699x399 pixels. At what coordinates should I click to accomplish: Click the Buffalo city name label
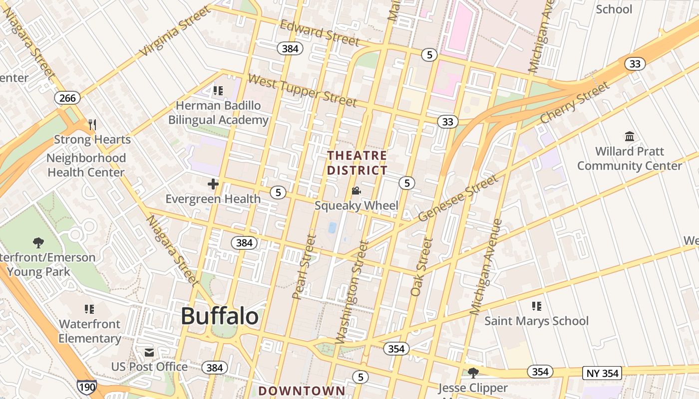pyautogui.click(x=220, y=316)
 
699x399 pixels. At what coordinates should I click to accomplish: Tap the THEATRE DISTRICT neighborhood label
pyautogui.click(x=357, y=163)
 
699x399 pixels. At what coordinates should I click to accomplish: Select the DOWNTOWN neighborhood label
pyautogui.click(x=302, y=391)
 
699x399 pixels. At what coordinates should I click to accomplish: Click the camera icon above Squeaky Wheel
pyautogui.click(x=356, y=191)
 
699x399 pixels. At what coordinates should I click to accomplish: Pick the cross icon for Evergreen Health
pyautogui.click(x=213, y=184)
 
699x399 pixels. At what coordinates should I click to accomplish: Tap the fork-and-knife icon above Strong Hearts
pyautogui.click(x=92, y=125)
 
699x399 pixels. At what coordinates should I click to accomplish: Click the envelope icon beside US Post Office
pyautogui.click(x=149, y=353)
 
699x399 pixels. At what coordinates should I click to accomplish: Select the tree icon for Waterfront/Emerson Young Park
pyautogui.click(x=38, y=243)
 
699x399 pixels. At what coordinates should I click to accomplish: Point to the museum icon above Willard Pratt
pyautogui.click(x=630, y=136)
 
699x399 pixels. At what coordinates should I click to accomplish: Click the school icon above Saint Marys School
pyautogui.click(x=537, y=306)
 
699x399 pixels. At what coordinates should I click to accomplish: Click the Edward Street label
pyautogui.click(x=320, y=33)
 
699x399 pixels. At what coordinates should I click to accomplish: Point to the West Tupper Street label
pyautogui.click(x=302, y=91)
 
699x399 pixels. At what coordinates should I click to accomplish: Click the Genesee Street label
pyautogui.click(x=458, y=199)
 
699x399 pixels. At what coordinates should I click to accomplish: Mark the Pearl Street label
pyautogui.click(x=304, y=267)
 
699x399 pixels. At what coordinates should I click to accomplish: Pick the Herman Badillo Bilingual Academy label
pyautogui.click(x=218, y=113)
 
